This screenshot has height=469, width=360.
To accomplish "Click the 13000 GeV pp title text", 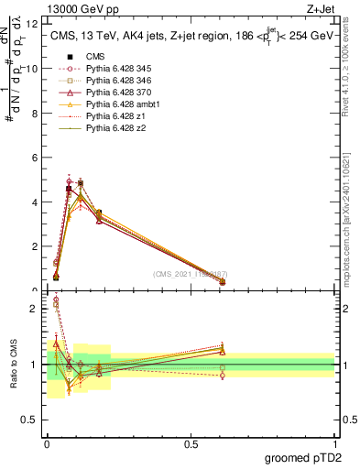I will pos(82,8).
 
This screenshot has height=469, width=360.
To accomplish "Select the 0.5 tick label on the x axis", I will pos(191,443).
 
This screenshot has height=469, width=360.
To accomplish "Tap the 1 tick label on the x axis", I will pos(334,443).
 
